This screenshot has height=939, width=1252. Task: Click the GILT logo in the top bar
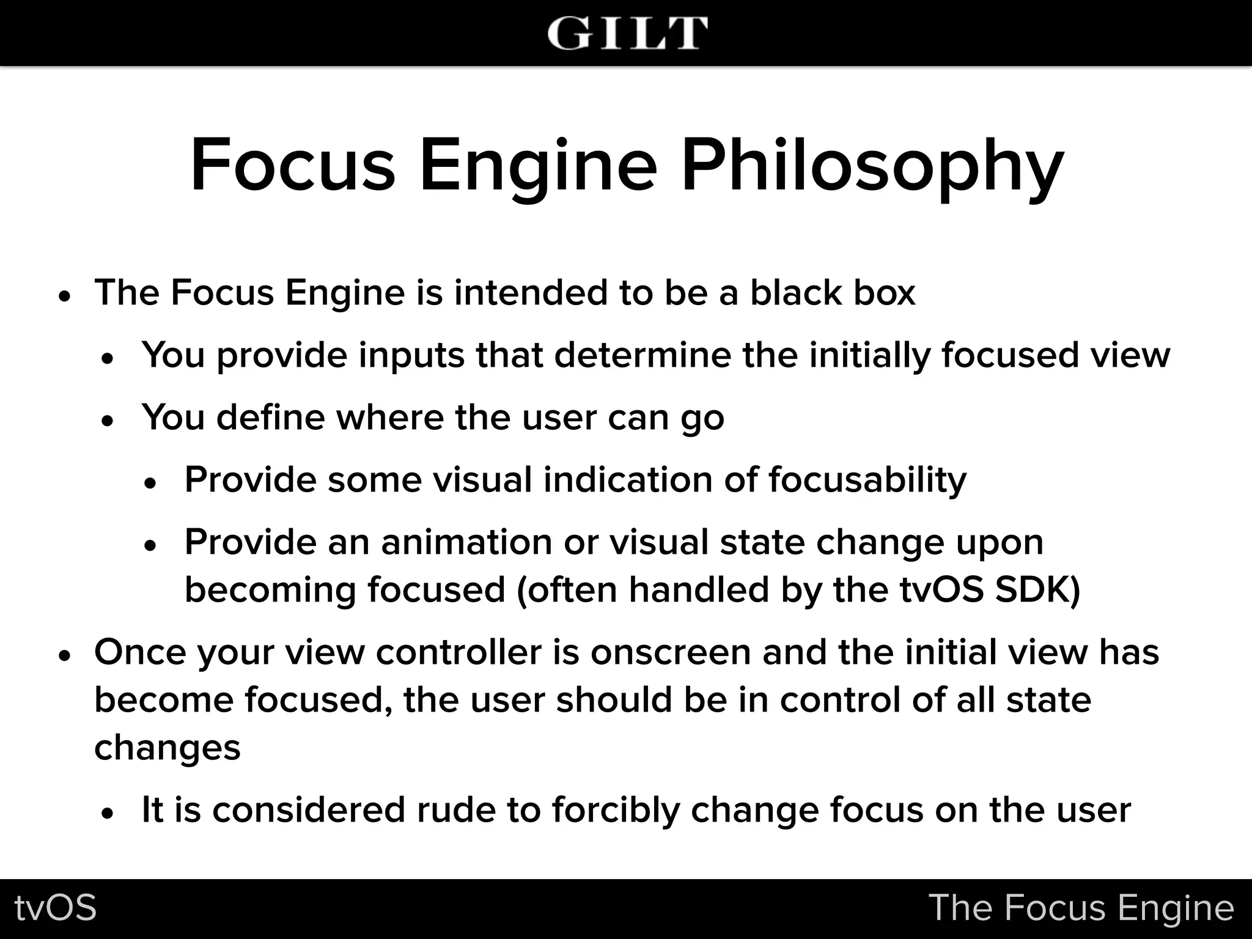click(x=627, y=33)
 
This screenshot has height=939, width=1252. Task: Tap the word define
click(x=269, y=417)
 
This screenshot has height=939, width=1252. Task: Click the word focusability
click(x=867, y=479)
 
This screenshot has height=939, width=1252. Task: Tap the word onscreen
click(x=671, y=652)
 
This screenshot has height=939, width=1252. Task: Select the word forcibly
click(x=616, y=810)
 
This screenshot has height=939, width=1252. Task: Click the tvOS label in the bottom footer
click(x=56, y=908)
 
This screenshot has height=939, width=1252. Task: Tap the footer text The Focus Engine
click(x=1081, y=908)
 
